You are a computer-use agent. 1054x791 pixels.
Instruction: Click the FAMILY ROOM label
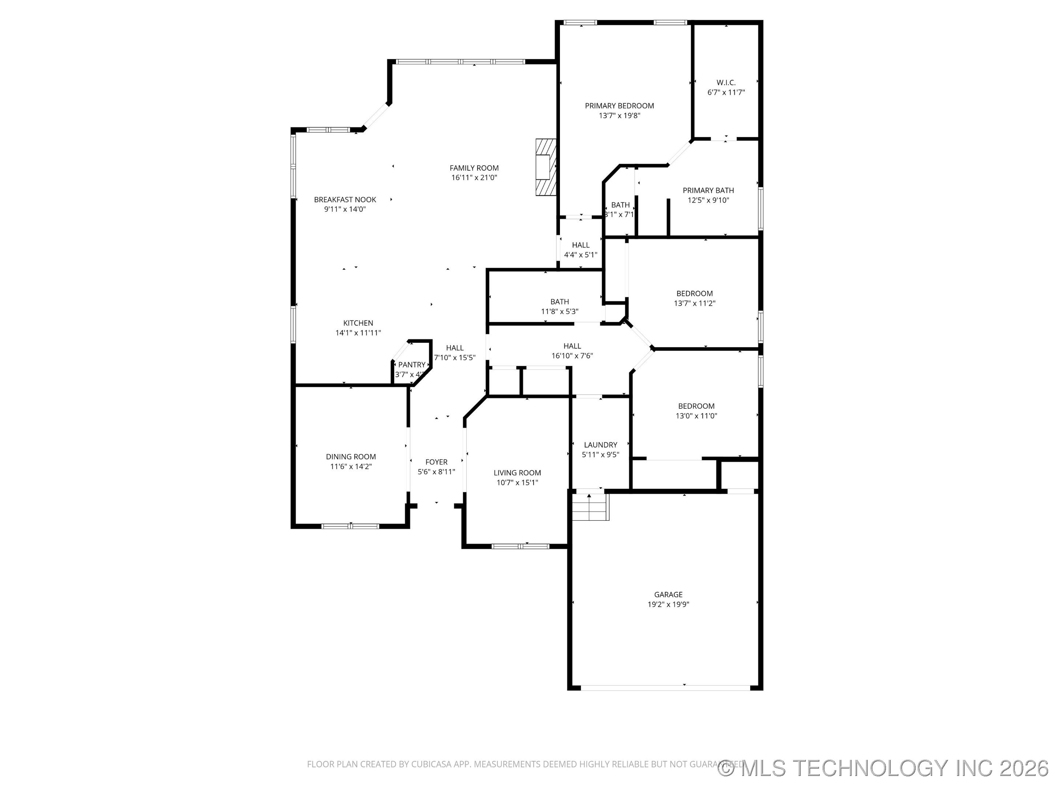pos(474,168)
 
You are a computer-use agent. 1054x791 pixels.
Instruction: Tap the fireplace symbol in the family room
pos(546,167)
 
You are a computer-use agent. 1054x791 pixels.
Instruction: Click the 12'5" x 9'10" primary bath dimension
pos(708,200)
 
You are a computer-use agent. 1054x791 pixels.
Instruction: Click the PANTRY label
pos(412,365)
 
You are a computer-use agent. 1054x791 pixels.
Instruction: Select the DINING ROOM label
pos(351,457)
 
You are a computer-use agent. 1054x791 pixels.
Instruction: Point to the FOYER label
pos(436,462)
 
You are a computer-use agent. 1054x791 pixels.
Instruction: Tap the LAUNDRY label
pos(601,445)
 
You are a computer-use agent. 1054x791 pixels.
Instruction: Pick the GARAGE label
pos(668,595)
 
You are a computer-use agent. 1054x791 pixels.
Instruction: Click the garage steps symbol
pos(590,507)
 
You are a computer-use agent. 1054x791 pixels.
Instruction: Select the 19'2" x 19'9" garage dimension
pos(668,605)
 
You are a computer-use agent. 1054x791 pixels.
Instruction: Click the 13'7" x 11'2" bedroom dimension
pos(694,303)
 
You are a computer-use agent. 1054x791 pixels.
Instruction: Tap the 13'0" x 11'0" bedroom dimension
pos(696,416)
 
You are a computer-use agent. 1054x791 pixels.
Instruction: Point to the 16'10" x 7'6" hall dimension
pos(572,356)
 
